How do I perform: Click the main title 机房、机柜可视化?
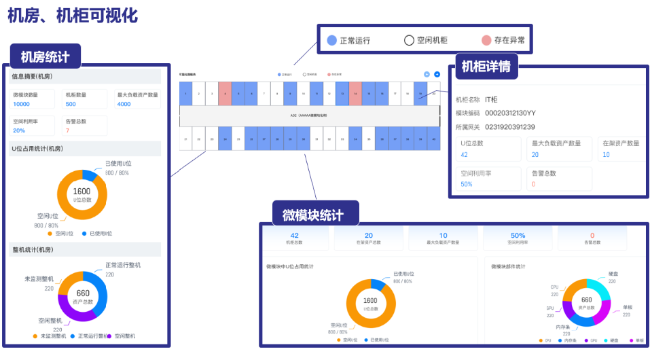click(73, 14)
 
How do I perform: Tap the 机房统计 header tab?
click(46, 57)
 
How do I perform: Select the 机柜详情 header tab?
click(486, 67)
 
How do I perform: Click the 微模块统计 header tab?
click(313, 215)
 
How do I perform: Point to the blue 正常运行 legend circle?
click(331, 40)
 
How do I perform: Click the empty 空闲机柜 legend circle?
click(409, 40)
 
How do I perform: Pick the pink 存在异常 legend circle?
click(486, 40)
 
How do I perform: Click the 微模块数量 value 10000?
click(21, 104)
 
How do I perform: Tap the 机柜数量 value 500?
click(71, 104)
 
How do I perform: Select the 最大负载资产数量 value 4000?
click(124, 104)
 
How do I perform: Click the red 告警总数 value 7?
click(67, 130)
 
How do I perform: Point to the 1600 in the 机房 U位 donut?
click(82, 192)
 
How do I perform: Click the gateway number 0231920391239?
click(510, 127)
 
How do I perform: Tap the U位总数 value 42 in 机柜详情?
click(465, 155)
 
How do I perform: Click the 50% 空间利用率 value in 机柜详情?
click(467, 184)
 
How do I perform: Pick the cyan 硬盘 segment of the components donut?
click(600, 287)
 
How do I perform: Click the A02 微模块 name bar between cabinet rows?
click(309, 116)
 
